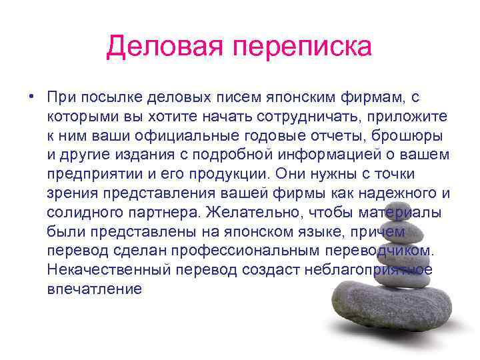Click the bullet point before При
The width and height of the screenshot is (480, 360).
point(31,97)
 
